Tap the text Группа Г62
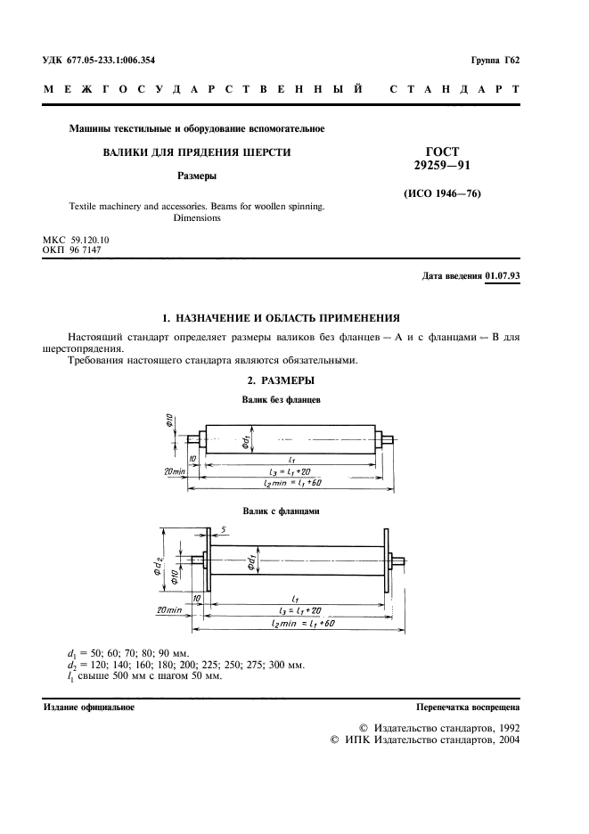(x=495, y=60)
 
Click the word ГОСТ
(x=443, y=152)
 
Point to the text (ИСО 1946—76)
(x=443, y=193)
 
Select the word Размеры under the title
(x=197, y=176)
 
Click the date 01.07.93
(x=503, y=276)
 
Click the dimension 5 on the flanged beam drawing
(x=226, y=531)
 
